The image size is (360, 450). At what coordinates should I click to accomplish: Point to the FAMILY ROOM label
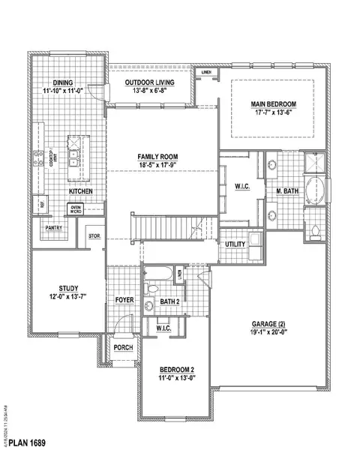tap(163, 156)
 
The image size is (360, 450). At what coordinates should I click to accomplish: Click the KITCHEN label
tap(80, 192)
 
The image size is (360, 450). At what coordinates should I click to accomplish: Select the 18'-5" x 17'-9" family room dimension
tap(163, 165)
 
